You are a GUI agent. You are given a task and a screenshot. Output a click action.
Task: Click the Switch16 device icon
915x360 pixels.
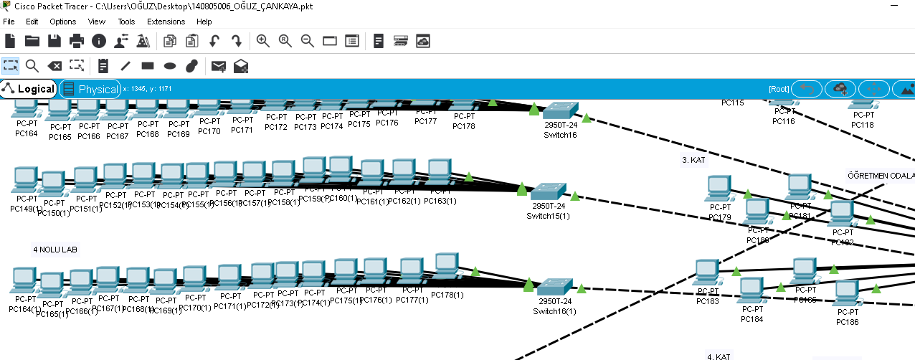click(x=559, y=111)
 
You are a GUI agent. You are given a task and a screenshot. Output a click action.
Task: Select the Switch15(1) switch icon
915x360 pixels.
click(x=548, y=191)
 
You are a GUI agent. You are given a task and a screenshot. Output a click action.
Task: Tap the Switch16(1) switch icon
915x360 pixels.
click(x=554, y=286)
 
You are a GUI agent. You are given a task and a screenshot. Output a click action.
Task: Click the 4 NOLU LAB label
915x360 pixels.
click(x=54, y=250)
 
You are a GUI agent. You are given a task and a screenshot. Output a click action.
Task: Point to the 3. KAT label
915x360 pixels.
click(x=694, y=161)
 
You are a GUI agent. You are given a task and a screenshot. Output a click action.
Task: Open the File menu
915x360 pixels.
click(x=9, y=22)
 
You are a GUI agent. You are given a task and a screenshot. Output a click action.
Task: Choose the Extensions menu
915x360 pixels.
click(x=166, y=22)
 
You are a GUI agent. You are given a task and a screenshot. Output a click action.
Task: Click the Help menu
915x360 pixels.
click(x=204, y=22)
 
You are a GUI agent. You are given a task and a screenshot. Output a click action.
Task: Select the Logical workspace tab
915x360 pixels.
click(x=29, y=89)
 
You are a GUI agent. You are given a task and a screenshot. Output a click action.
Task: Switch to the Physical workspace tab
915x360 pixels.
click(x=90, y=89)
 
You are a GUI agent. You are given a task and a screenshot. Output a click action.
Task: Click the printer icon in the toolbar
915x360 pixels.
click(x=77, y=41)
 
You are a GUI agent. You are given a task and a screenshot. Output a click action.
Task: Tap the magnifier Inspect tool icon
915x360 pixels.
click(x=32, y=66)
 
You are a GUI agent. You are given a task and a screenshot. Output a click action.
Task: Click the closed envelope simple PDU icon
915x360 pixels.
click(x=219, y=67)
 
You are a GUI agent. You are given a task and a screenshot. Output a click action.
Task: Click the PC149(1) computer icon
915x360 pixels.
click(x=26, y=179)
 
